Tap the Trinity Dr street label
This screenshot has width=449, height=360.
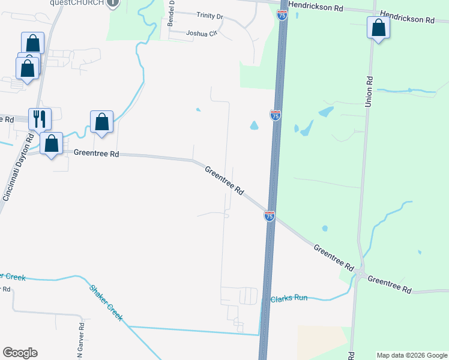pos(204,17)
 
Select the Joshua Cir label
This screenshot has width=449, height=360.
pos(201,34)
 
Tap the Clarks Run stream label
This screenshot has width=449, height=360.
pos(289,298)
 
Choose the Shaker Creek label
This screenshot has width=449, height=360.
pos(106,303)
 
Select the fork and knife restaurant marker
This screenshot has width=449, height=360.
pos(40,119)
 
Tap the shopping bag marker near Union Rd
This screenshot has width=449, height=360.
pos(378,28)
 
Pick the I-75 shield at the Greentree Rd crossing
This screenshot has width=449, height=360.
pos(270,215)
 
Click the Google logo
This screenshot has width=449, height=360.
pos(20,353)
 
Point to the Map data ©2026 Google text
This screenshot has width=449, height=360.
pos(412,355)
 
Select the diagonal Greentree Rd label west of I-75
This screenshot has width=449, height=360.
pos(224,181)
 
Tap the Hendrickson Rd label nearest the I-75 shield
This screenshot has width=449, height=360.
pos(316,8)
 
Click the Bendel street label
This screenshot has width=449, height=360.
pos(171,13)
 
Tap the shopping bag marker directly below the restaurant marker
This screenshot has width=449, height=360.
pos(52,144)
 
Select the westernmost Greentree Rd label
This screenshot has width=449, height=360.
pos(96,154)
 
